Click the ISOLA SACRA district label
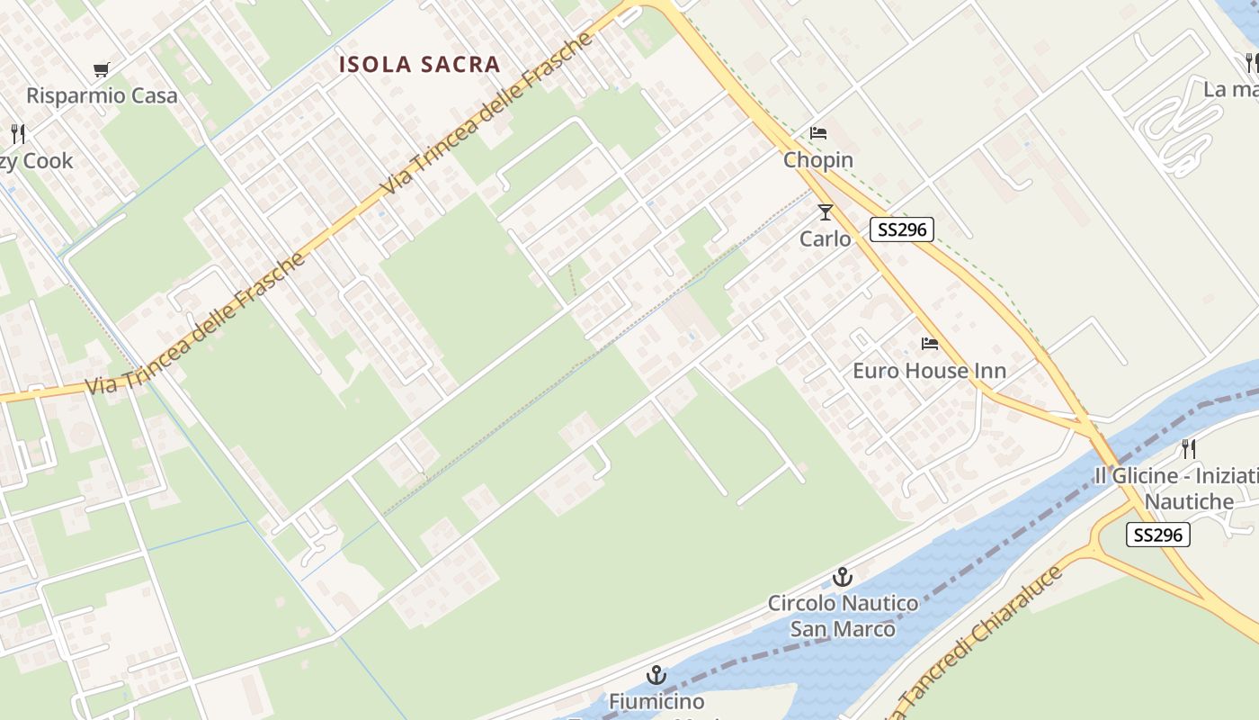[x=419, y=64]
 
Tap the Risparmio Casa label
[x=102, y=95]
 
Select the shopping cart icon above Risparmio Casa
[x=102, y=69]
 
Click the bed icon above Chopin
[x=817, y=133]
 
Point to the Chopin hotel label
[x=817, y=159]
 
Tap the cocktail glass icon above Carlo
[x=825, y=212]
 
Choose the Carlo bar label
[x=825, y=238]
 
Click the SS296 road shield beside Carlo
[x=902, y=229]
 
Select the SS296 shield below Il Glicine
[x=1157, y=535]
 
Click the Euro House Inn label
[x=929, y=370]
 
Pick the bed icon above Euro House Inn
[x=929, y=344]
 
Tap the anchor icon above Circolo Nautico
[x=842, y=576]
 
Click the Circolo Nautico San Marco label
[x=842, y=616]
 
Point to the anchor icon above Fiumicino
[x=656, y=674]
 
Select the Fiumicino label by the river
[x=656, y=700]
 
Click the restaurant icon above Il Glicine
[x=1188, y=448]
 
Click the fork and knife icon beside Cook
[x=18, y=134]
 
